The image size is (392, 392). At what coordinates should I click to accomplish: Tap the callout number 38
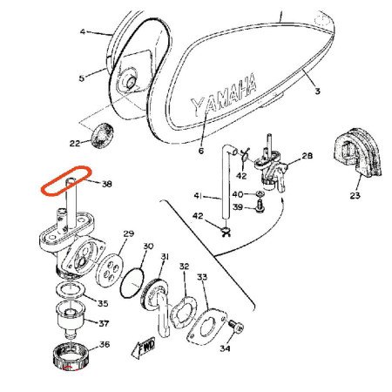coord(106,184)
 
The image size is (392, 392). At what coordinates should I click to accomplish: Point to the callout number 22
coord(74,142)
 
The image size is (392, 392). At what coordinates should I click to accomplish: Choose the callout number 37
coord(105,323)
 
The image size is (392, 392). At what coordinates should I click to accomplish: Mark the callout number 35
coord(102,303)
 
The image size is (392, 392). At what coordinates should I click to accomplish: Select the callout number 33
coord(202,277)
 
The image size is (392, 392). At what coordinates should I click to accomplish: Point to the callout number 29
coord(128,234)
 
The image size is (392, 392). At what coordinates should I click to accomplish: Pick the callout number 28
coord(306,156)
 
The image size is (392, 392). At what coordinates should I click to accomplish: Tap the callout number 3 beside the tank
coord(317,91)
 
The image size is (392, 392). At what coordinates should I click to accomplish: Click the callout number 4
coord(84,31)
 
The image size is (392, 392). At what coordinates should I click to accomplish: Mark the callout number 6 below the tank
coord(200,150)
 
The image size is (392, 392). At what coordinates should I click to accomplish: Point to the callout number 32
coord(184,266)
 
